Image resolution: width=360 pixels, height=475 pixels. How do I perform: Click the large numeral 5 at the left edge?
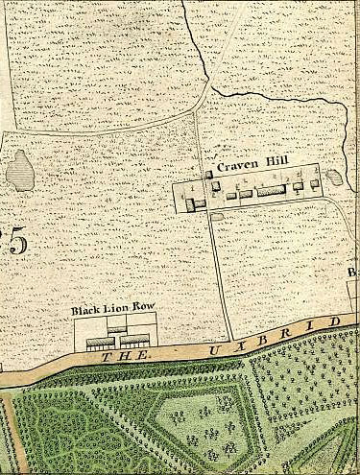point(16,240)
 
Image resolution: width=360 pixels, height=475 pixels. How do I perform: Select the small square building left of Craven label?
point(209,174)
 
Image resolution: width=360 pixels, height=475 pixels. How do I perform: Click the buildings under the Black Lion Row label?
point(117,338)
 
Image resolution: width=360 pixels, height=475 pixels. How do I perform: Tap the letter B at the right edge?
point(354,273)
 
